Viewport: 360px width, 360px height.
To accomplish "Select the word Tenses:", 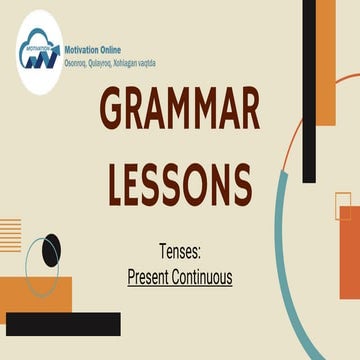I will point(180,251).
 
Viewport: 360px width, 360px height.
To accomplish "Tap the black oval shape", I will point(50,251).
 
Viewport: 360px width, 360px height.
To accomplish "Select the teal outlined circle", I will point(41,266).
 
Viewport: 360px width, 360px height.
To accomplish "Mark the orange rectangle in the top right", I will point(325,60).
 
